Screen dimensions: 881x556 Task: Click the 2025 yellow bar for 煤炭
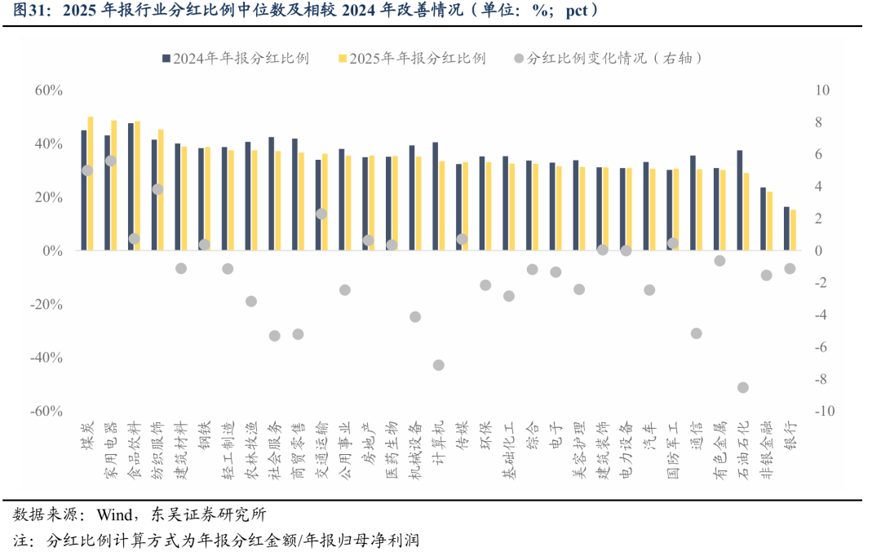point(91,183)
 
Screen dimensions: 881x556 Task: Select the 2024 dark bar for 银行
point(786,228)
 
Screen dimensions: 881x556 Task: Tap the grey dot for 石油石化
point(743,387)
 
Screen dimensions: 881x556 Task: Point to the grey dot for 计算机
point(439,365)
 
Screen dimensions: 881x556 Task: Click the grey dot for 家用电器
point(111,161)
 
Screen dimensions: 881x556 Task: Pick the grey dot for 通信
point(696,333)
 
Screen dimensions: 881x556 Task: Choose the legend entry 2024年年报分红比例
point(236,59)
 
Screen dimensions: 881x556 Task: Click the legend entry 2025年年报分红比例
point(413,59)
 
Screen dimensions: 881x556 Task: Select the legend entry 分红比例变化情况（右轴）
point(609,59)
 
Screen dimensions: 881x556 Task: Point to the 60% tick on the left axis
point(48,90)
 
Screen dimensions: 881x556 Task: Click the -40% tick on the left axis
point(46,358)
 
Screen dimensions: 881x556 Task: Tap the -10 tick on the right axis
point(825,411)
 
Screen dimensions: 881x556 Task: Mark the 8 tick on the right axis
point(819,122)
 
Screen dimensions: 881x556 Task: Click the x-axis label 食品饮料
point(135,450)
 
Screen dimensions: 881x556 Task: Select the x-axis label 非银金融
point(766,450)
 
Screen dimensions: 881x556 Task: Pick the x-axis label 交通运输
point(321,450)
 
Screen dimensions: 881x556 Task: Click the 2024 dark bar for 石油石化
point(740,200)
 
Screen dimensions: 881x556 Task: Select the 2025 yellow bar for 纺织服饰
point(161,190)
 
